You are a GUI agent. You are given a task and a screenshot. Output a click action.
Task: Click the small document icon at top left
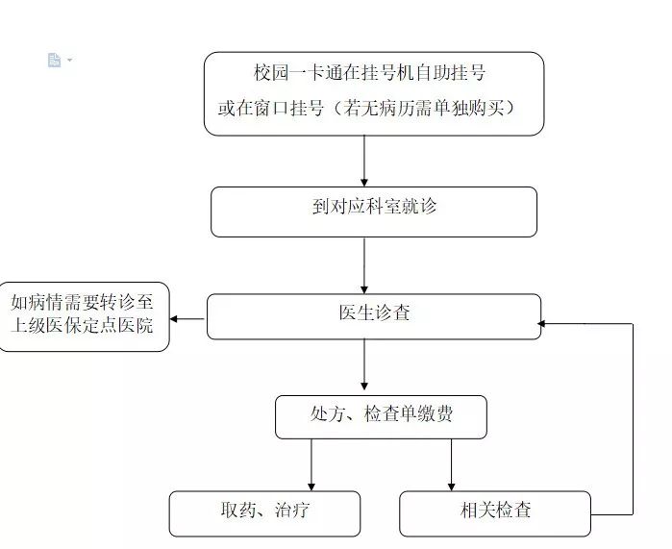55,61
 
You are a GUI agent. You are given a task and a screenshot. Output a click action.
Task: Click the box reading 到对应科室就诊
374,212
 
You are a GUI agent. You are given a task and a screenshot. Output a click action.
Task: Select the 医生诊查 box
374,316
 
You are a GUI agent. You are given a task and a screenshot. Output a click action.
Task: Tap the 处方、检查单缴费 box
381,417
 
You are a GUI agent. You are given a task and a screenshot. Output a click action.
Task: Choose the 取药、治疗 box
264,513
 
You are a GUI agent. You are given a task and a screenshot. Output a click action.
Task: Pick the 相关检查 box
495,513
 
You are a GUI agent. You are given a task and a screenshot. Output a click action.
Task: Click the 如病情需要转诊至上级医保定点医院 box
84,316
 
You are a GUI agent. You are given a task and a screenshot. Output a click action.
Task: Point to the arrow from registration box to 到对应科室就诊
364,161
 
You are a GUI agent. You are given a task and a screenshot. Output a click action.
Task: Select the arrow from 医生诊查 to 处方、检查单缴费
364,367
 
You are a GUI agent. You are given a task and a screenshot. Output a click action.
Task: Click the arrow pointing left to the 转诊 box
188,318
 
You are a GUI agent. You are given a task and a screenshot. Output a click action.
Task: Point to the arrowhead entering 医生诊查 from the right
544,324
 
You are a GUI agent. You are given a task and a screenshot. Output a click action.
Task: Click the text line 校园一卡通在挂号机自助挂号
374,74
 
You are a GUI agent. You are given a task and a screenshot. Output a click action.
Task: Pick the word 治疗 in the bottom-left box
291,511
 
